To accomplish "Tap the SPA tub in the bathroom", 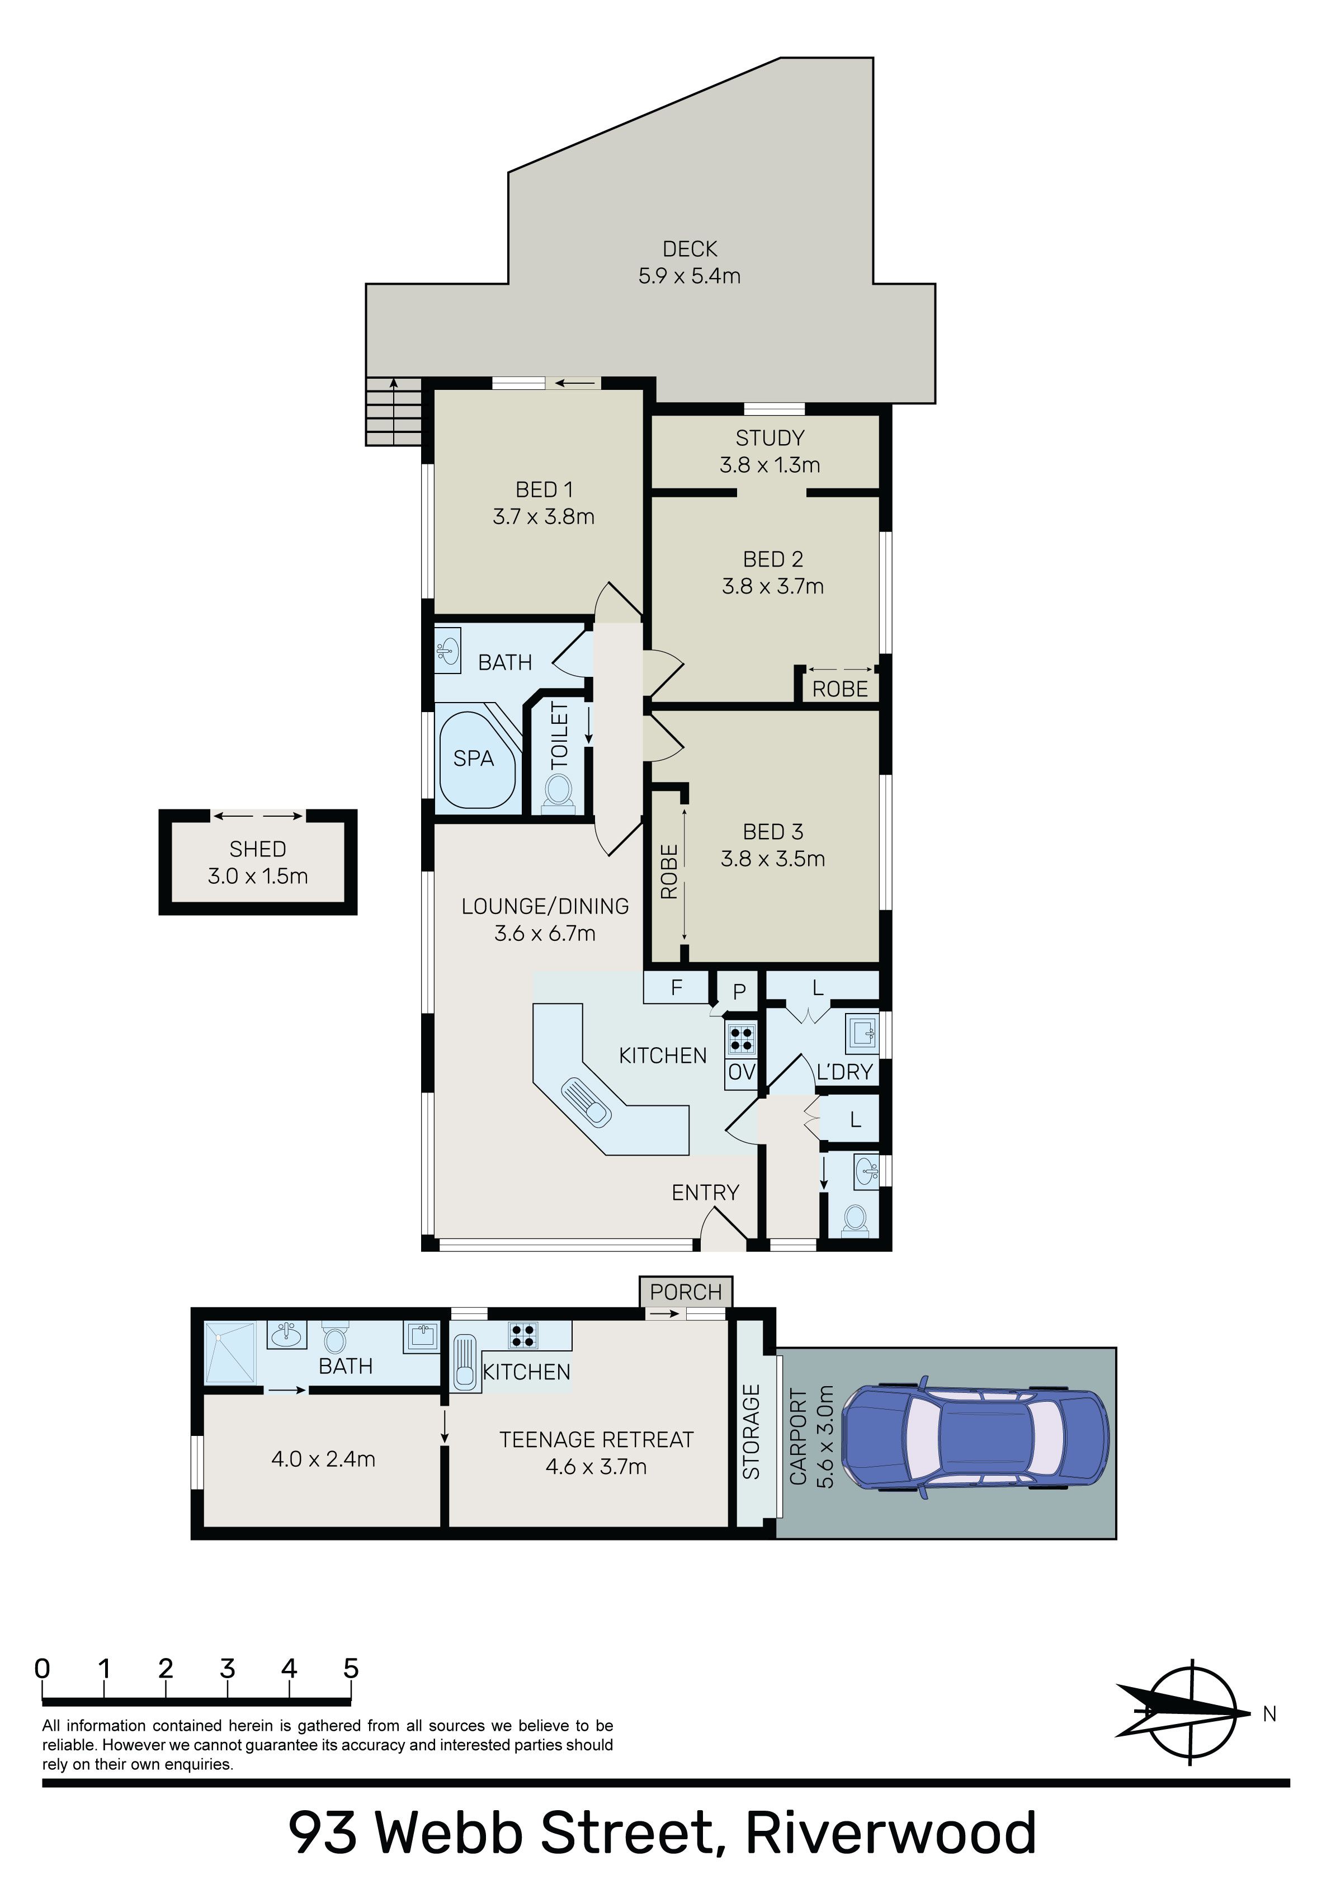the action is tap(478, 760).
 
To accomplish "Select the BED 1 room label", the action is tap(544, 490).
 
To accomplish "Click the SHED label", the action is tap(258, 849).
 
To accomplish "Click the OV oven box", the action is tap(741, 1072).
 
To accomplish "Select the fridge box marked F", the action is tap(676, 987).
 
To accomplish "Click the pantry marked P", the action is tap(739, 992).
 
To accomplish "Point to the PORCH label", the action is tap(686, 1292).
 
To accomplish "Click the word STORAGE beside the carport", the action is tap(752, 1432).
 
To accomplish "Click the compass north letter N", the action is tap(1269, 1713).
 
